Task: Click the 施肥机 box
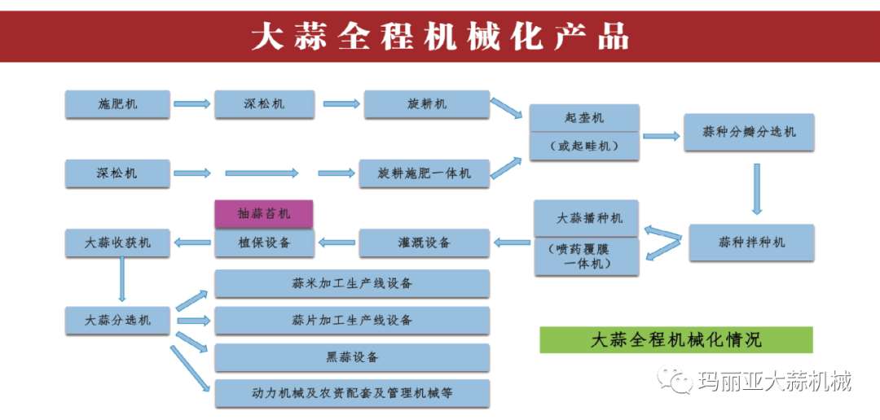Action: pos(117,104)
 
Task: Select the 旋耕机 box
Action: pos(426,104)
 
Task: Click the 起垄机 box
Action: pos(584,119)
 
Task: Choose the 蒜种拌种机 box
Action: pos(750,243)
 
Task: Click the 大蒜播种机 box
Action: pos(586,218)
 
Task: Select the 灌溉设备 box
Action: pos(424,243)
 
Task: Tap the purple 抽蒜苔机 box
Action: pos(263,214)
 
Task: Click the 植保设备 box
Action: pos(263,243)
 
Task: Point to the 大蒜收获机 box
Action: pos(117,243)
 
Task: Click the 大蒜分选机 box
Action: pos(117,320)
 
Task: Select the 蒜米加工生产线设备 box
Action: pos(351,283)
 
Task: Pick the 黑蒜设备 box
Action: pos(351,357)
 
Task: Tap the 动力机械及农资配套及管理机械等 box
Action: pos(351,393)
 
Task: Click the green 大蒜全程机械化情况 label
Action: pos(675,339)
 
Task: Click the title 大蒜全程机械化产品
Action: pos(439,37)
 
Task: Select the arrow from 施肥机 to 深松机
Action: pos(191,104)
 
